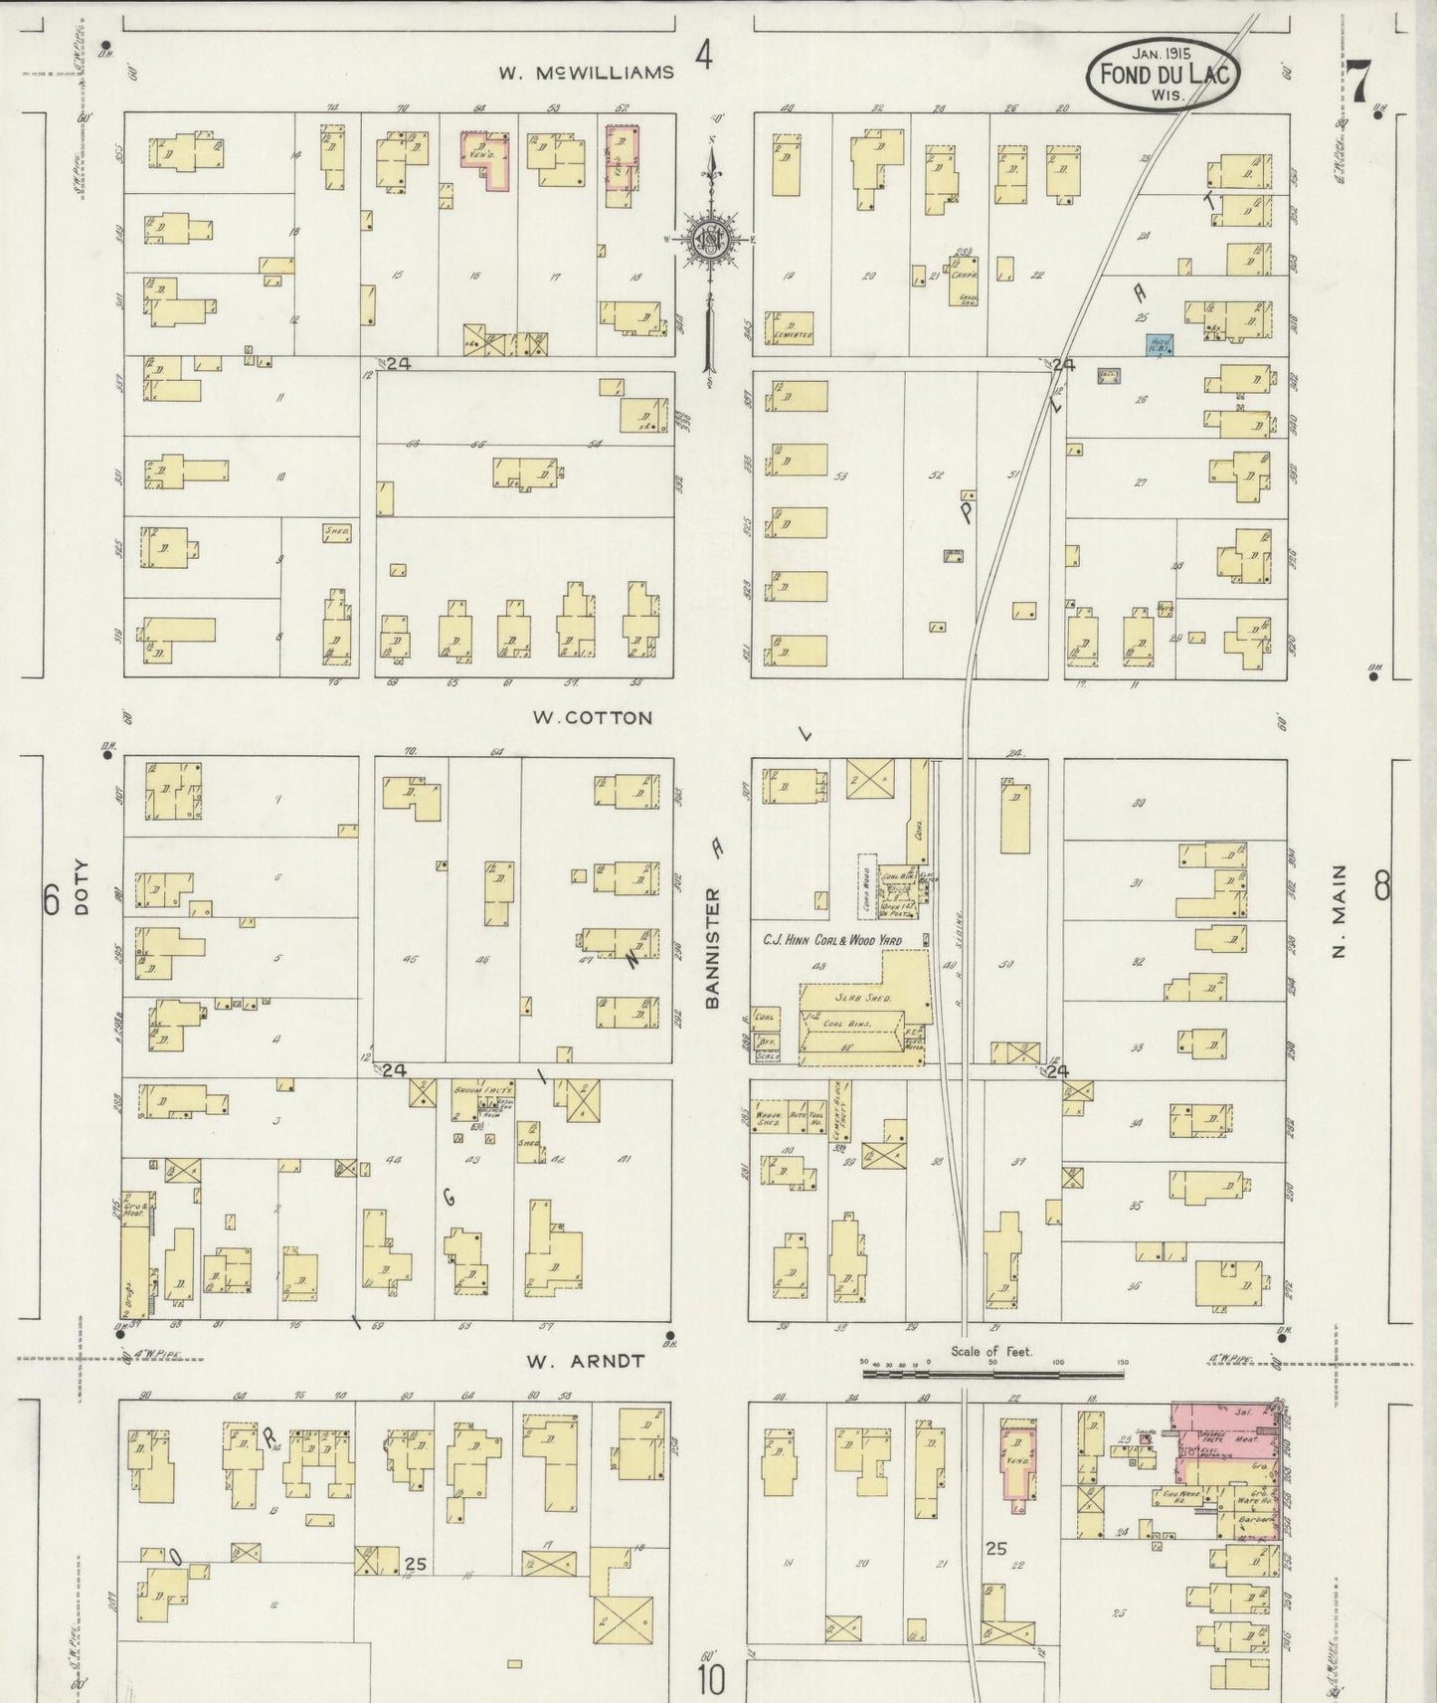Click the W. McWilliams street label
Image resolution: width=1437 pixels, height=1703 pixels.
pyautogui.click(x=586, y=73)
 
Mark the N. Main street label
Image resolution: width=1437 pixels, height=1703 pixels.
pyautogui.click(x=1339, y=911)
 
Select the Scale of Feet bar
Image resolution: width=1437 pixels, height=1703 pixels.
pyautogui.click(x=992, y=1374)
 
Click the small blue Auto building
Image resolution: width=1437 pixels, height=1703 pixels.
pyautogui.click(x=1158, y=345)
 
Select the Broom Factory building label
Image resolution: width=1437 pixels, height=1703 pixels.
pyautogui.click(x=469, y=1091)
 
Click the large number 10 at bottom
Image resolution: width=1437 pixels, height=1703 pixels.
pyautogui.click(x=710, y=1679)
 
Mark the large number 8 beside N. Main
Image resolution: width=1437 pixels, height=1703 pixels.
pyautogui.click(x=1381, y=884)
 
